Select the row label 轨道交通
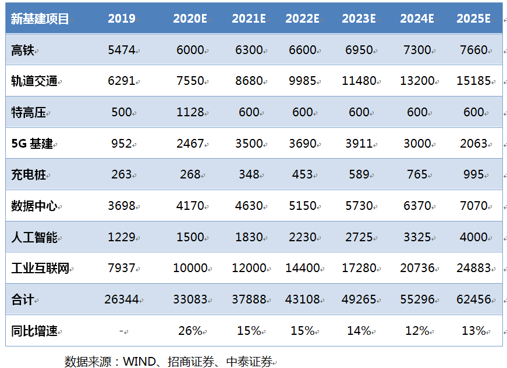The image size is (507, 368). click(x=34, y=81)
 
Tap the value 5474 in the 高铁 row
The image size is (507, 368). click(x=122, y=50)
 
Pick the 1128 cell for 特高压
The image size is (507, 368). click(x=190, y=112)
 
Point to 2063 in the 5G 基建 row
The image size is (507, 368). click(x=474, y=144)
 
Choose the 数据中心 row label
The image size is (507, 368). click(x=34, y=206)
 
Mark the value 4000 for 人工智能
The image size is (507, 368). click(x=474, y=237)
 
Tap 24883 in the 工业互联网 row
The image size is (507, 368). click(x=474, y=269)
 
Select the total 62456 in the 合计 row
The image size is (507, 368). click(x=474, y=299)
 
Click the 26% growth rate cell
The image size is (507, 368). click(x=190, y=331)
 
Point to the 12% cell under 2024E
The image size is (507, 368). click(x=417, y=331)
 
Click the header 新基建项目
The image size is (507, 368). click(x=40, y=19)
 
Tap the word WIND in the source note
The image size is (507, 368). click(x=139, y=362)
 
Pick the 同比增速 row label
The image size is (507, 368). click(x=34, y=331)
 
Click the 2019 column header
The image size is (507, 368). click(x=122, y=19)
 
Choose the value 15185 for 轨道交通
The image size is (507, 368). click(x=474, y=81)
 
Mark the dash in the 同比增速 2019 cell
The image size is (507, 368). click(x=122, y=331)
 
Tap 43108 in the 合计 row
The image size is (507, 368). click(x=303, y=299)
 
